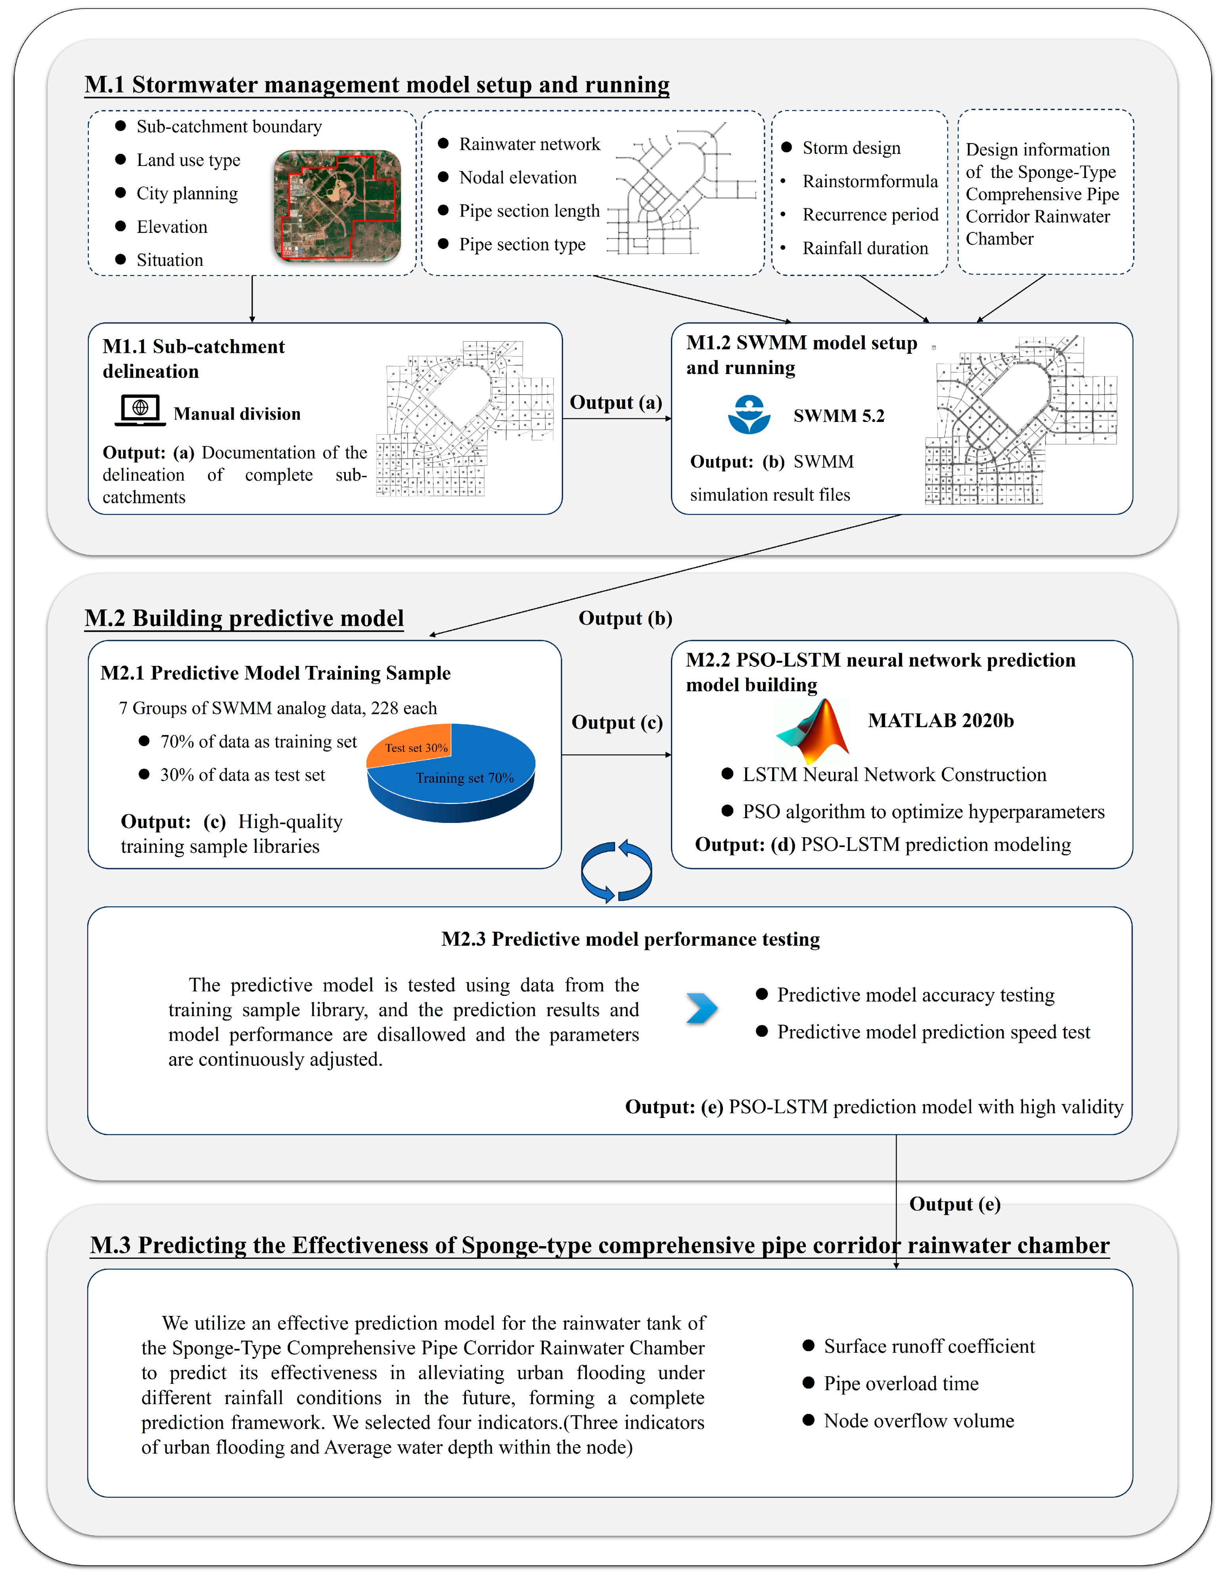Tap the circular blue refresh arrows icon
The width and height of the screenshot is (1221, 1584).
click(x=616, y=871)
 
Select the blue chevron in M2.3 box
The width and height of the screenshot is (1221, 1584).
click(x=701, y=1008)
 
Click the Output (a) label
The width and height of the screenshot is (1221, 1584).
click(x=615, y=403)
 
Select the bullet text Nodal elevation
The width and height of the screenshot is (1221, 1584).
click(x=518, y=178)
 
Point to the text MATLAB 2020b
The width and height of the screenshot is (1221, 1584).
click(x=940, y=720)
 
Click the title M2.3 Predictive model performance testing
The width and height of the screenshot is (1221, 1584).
click(x=630, y=939)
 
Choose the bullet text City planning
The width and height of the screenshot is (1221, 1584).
click(x=187, y=194)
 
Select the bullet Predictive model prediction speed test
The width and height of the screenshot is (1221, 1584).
click(x=933, y=1032)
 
